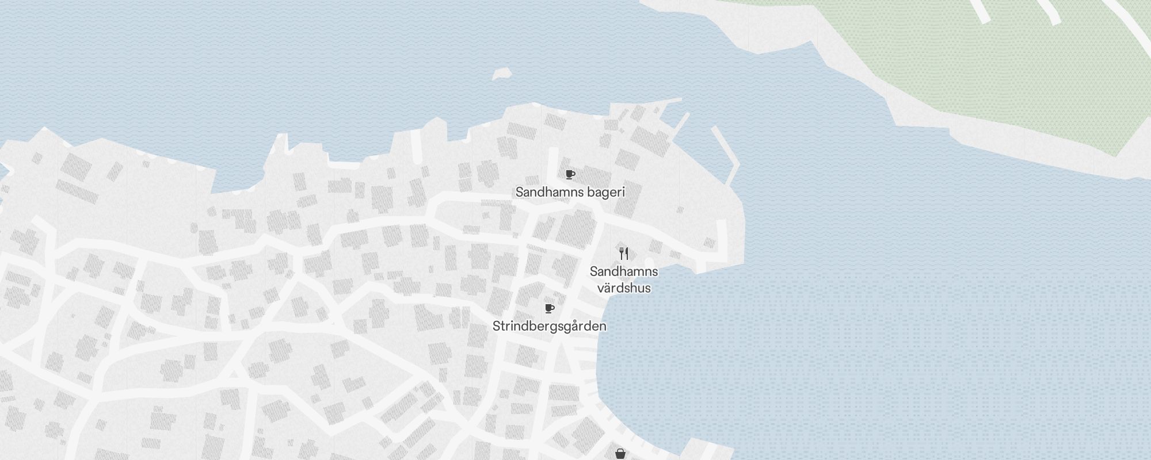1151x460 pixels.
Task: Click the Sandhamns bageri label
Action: (x=570, y=192)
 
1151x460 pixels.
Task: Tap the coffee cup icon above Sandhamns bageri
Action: (x=570, y=174)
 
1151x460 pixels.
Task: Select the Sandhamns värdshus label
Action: (x=624, y=279)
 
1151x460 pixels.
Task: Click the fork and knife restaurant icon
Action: (x=624, y=253)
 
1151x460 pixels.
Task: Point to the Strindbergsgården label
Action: (x=549, y=326)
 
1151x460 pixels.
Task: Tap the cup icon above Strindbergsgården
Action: (x=549, y=309)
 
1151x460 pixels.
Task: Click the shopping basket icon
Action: (x=620, y=454)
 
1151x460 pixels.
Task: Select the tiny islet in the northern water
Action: (x=502, y=74)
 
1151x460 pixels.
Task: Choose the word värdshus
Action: (x=624, y=287)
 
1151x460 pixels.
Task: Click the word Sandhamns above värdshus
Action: (x=624, y=271)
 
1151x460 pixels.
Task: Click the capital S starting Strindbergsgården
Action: (x=496, y=326)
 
